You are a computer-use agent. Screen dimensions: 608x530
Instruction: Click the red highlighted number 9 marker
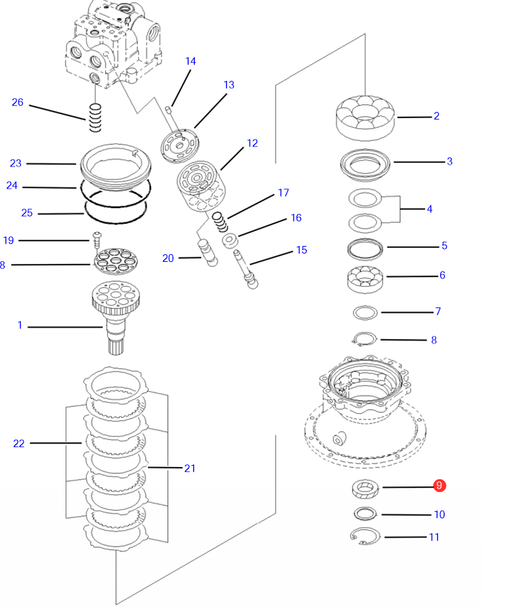[439, 486]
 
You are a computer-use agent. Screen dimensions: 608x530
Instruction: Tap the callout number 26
[17, 102]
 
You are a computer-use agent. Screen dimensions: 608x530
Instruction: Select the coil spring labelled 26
[95, 117]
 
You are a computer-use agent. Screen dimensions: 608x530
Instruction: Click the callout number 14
[190, 61]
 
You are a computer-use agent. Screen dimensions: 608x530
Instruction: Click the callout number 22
[19, 443]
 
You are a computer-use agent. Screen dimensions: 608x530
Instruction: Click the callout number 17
[283, 192]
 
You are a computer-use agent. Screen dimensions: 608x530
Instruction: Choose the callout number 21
[189, 468]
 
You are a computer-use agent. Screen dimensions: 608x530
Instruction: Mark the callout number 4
[429, 208]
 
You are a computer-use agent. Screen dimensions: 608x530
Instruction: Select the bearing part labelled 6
[365, 277]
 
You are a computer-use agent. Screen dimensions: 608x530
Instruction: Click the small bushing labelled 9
[365, 489]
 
